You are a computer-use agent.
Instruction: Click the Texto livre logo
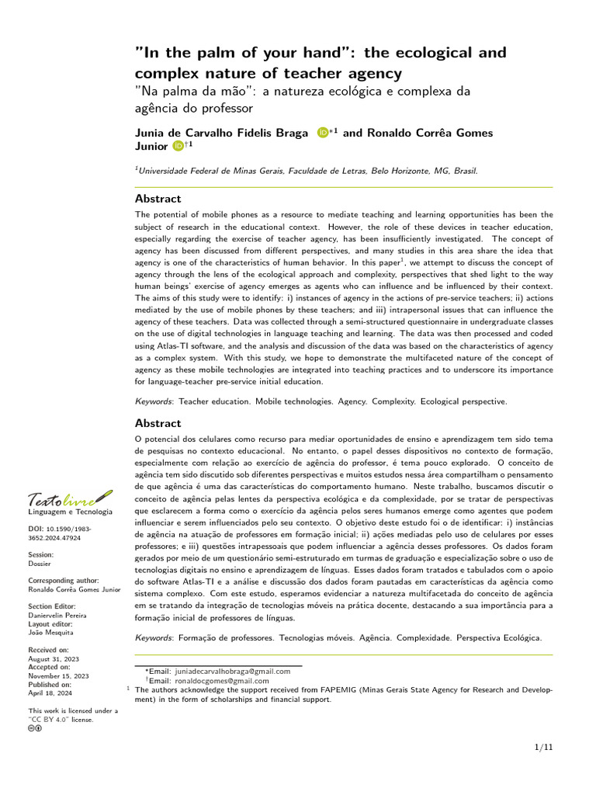pyautogui.click(x=70, y=500)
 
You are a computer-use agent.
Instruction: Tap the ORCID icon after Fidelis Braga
pyautogui.click(x=323, y=133)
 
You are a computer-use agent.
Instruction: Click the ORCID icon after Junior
pyautogui.click(x=178, y=145)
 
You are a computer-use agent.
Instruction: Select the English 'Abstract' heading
pyautogui.click(x=158, y=199)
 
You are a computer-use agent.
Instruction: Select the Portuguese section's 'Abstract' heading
pyautogui.click(x=158, y=423)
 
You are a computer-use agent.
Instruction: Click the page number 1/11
pyautogui.click(x=544, y=747)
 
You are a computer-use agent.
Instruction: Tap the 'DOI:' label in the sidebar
pyautogui.click(x=36, y=528)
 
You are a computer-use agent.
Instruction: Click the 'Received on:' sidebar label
pyautogui.click(x=49, y=649)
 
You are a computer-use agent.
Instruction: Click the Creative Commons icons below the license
pyautogui.click(x=35, y=728)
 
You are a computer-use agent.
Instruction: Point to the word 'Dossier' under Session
pyautogui.click(x=40, y=564)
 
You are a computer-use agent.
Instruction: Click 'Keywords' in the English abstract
pyautogui.click(x=154, y=401)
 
